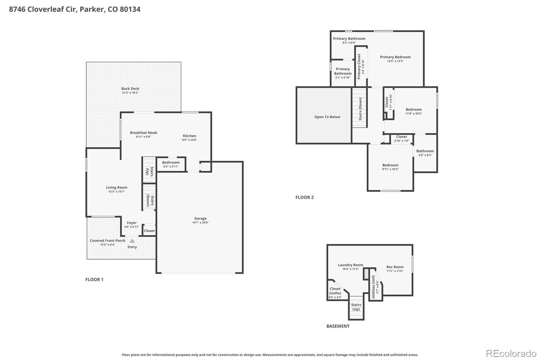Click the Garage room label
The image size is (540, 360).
coord(200,218)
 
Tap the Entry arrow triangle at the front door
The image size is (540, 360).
coord(132,241)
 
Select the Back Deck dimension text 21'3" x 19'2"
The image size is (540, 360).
coord(130,93)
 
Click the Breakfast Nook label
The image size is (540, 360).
coord(143,133)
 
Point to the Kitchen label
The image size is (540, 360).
coord(189,136)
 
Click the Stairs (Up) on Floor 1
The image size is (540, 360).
coord(149,171)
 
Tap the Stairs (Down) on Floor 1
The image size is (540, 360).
coord(150,200)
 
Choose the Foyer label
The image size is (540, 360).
coord(132,223)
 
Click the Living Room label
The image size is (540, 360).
coord(116,187)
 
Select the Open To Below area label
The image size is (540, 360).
coord(327,117)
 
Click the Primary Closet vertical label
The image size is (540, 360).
coord(359,67)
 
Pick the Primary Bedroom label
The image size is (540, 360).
coord(395,57)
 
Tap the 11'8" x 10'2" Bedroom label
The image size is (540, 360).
coord(413,109)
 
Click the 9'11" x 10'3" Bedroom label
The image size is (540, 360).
coord(390,165)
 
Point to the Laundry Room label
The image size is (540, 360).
coord(350,265)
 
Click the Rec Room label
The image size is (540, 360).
coord(395,267)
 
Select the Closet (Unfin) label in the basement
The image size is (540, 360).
coord(335,291)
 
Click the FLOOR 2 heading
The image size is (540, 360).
coord(304,198)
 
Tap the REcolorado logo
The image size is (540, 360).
coord(511,354)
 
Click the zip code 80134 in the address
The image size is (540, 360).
coord(130,9)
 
